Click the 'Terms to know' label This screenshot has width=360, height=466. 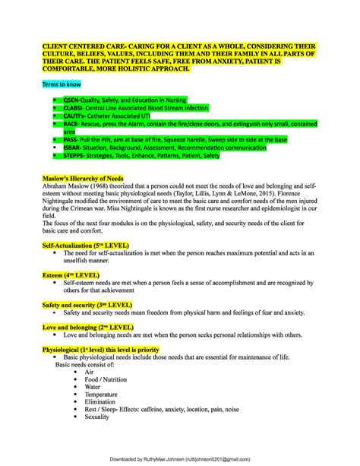pyautogui.click(x=62, y=84)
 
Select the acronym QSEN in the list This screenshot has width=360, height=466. pyautogui.click(x=81, y=100)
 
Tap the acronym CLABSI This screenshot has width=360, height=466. pyautogui.click(x=84, y=107)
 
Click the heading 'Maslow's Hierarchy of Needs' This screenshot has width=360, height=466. pyautogui.click(x=84, y=179)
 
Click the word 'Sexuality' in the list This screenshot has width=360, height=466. pyautogui.click(x=96, y=417)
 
